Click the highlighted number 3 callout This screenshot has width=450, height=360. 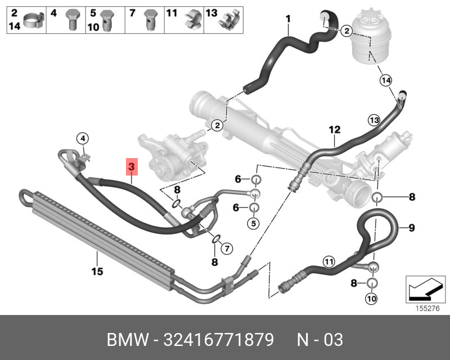[131, 167]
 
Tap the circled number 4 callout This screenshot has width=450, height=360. [82, 138]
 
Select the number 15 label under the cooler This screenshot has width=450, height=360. [97, 272]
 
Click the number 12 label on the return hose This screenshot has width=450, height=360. [335, 130]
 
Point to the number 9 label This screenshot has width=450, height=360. [411, 228]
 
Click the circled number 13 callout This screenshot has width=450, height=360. [375, 119]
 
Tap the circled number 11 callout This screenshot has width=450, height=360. [328, 260]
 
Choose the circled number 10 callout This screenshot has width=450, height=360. [371, 298]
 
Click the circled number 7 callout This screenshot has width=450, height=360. [226, 247]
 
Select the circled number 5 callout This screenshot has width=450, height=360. [254, 223]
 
